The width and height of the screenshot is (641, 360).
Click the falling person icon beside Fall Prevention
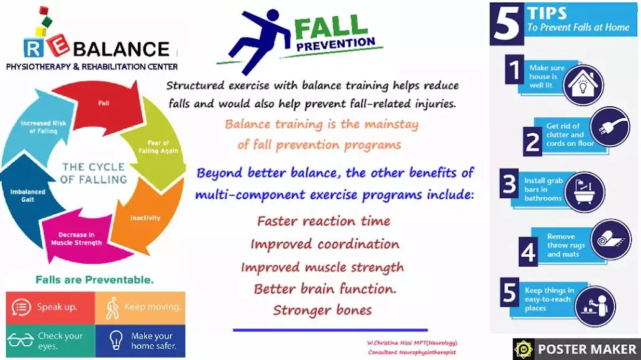(x=254, y=40)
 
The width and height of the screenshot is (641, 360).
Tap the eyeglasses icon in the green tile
(x=20, y=340)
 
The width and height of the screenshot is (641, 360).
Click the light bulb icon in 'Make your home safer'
(x=116, y=340)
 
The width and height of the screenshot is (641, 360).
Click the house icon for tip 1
(x=583, y=85)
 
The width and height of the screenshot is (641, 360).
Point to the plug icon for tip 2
(x=610, y=127)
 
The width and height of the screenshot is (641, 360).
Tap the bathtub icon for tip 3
(x=584, y=192)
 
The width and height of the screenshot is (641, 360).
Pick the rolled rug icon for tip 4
(x=611, y=240)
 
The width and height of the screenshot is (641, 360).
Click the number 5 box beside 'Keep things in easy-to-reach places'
(x=509, y=292)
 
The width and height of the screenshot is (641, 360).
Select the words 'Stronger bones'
(x=322, y=310)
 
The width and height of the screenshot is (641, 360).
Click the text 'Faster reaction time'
(x=324, y=221)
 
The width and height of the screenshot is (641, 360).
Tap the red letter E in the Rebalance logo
(x=59, y=46)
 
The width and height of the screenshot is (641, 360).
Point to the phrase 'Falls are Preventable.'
(x=94, y=280)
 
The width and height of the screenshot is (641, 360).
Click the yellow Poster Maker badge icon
(x=524, y=349)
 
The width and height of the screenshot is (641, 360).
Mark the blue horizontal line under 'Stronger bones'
(x=330, y=330)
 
